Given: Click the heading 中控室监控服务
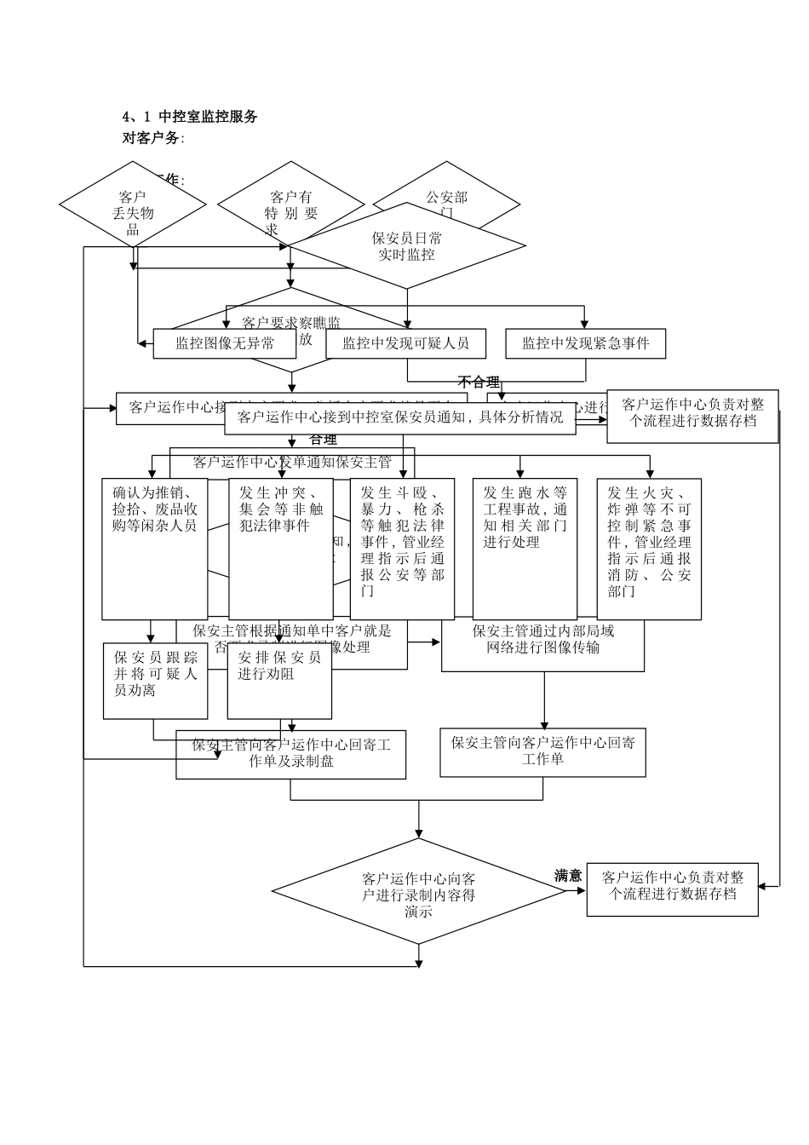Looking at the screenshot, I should (208, 117).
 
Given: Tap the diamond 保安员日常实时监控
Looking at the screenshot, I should (407, 246).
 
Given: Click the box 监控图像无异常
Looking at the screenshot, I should (224, 343).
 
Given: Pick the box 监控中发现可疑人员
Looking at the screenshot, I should (405, 343).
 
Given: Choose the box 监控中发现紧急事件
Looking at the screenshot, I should (585, 343).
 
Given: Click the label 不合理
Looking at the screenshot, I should (479, 382).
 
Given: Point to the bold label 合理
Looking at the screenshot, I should (324, 440).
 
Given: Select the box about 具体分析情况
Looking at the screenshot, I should (400, 417).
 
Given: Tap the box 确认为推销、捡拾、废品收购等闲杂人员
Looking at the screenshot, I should (155, 548).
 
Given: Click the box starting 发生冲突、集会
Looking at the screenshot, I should (281, 548).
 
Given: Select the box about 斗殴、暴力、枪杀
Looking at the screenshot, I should (402, 548).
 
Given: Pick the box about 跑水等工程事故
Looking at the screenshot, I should (525, 548).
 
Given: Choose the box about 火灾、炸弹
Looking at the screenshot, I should (649, 548).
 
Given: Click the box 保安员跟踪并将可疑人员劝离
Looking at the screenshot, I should (156, 681).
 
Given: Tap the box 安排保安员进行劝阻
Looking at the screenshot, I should (279, 681).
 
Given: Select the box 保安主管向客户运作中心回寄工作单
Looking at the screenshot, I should (542, 751).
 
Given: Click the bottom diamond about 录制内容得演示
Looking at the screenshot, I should (418, 894).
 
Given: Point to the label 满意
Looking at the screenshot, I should (568, 875).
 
